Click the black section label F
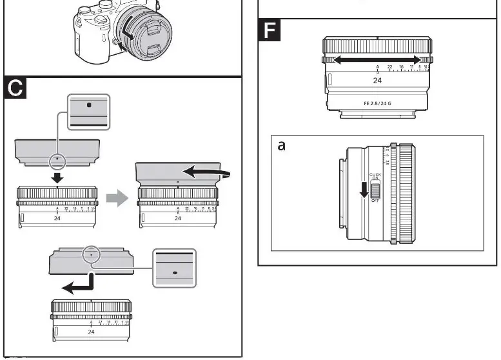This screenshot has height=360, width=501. pos(270,31)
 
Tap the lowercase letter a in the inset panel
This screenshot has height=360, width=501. pos(282,146)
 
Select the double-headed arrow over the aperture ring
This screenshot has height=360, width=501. pos(377,59)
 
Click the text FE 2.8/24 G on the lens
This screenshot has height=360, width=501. pos(377,103)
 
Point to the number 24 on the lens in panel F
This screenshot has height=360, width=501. pos(377,81)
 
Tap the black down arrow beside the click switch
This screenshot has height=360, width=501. pos(364,190)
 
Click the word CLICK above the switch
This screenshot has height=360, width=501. pos(375,174)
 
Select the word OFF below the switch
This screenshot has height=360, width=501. pos(375,201)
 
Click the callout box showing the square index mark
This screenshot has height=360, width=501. pos(90,112)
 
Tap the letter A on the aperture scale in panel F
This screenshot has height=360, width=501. pos(377,67)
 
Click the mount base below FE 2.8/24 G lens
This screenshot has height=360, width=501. pos(377,115)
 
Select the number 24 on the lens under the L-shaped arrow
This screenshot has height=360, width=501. pos(91,332)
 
